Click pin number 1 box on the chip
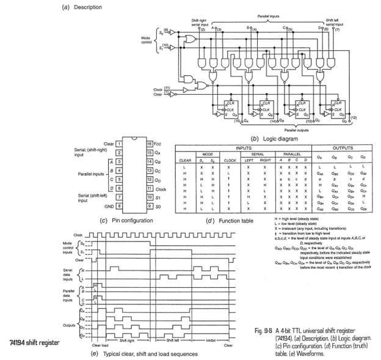(120, 143)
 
